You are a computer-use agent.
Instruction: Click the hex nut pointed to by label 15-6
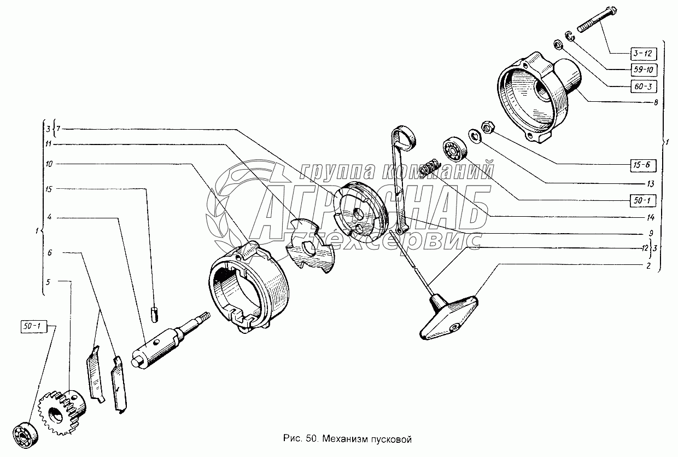[x=488, y=127]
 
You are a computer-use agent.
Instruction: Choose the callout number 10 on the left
[x=49, y=164]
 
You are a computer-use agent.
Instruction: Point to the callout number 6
[x=49, y=253]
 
